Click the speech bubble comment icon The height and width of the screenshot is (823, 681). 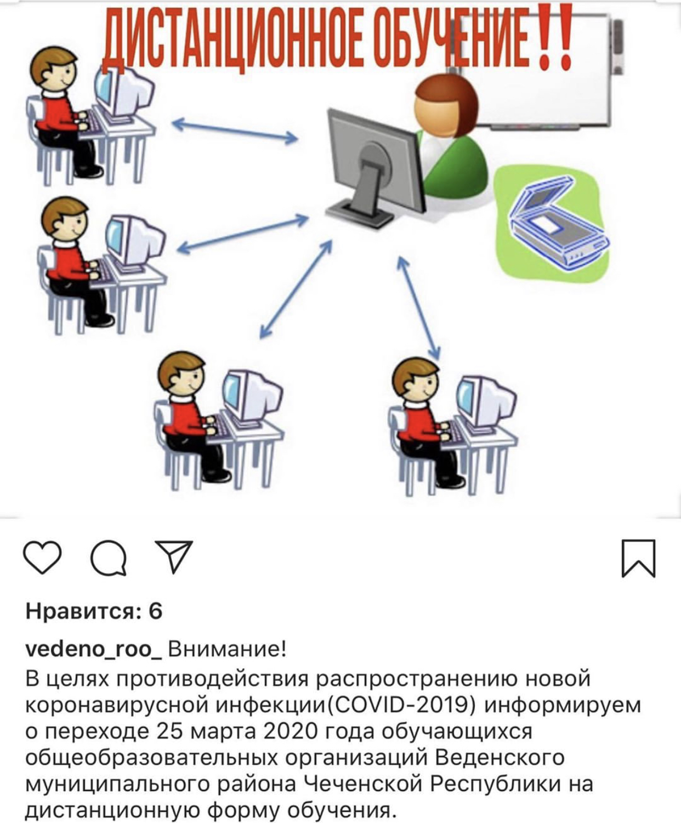coord(109,557)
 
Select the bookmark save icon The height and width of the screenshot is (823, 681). coord(638,558)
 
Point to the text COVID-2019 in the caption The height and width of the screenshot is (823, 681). coord(403,705)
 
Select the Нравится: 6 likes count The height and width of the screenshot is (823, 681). coord(94,612)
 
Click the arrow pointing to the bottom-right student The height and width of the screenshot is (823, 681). coord(418,308)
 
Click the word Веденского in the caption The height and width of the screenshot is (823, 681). coord(501,758)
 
